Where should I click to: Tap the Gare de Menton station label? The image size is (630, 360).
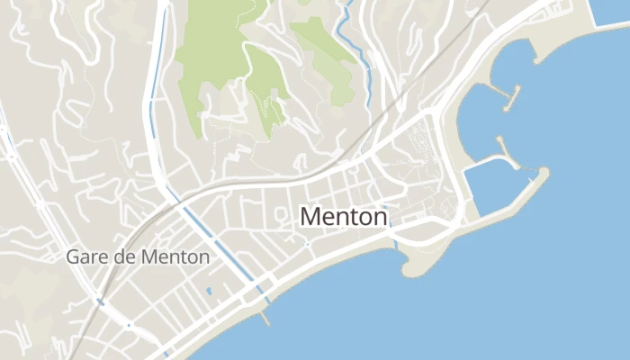[x=138, y=256]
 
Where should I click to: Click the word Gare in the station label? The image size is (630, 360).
[x=84, y=256]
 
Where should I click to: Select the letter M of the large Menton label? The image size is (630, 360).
[x=310, y=217]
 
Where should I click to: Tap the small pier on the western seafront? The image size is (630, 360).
[x=264, y=318]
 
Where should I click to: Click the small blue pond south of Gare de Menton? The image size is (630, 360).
[x=209, y=292]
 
